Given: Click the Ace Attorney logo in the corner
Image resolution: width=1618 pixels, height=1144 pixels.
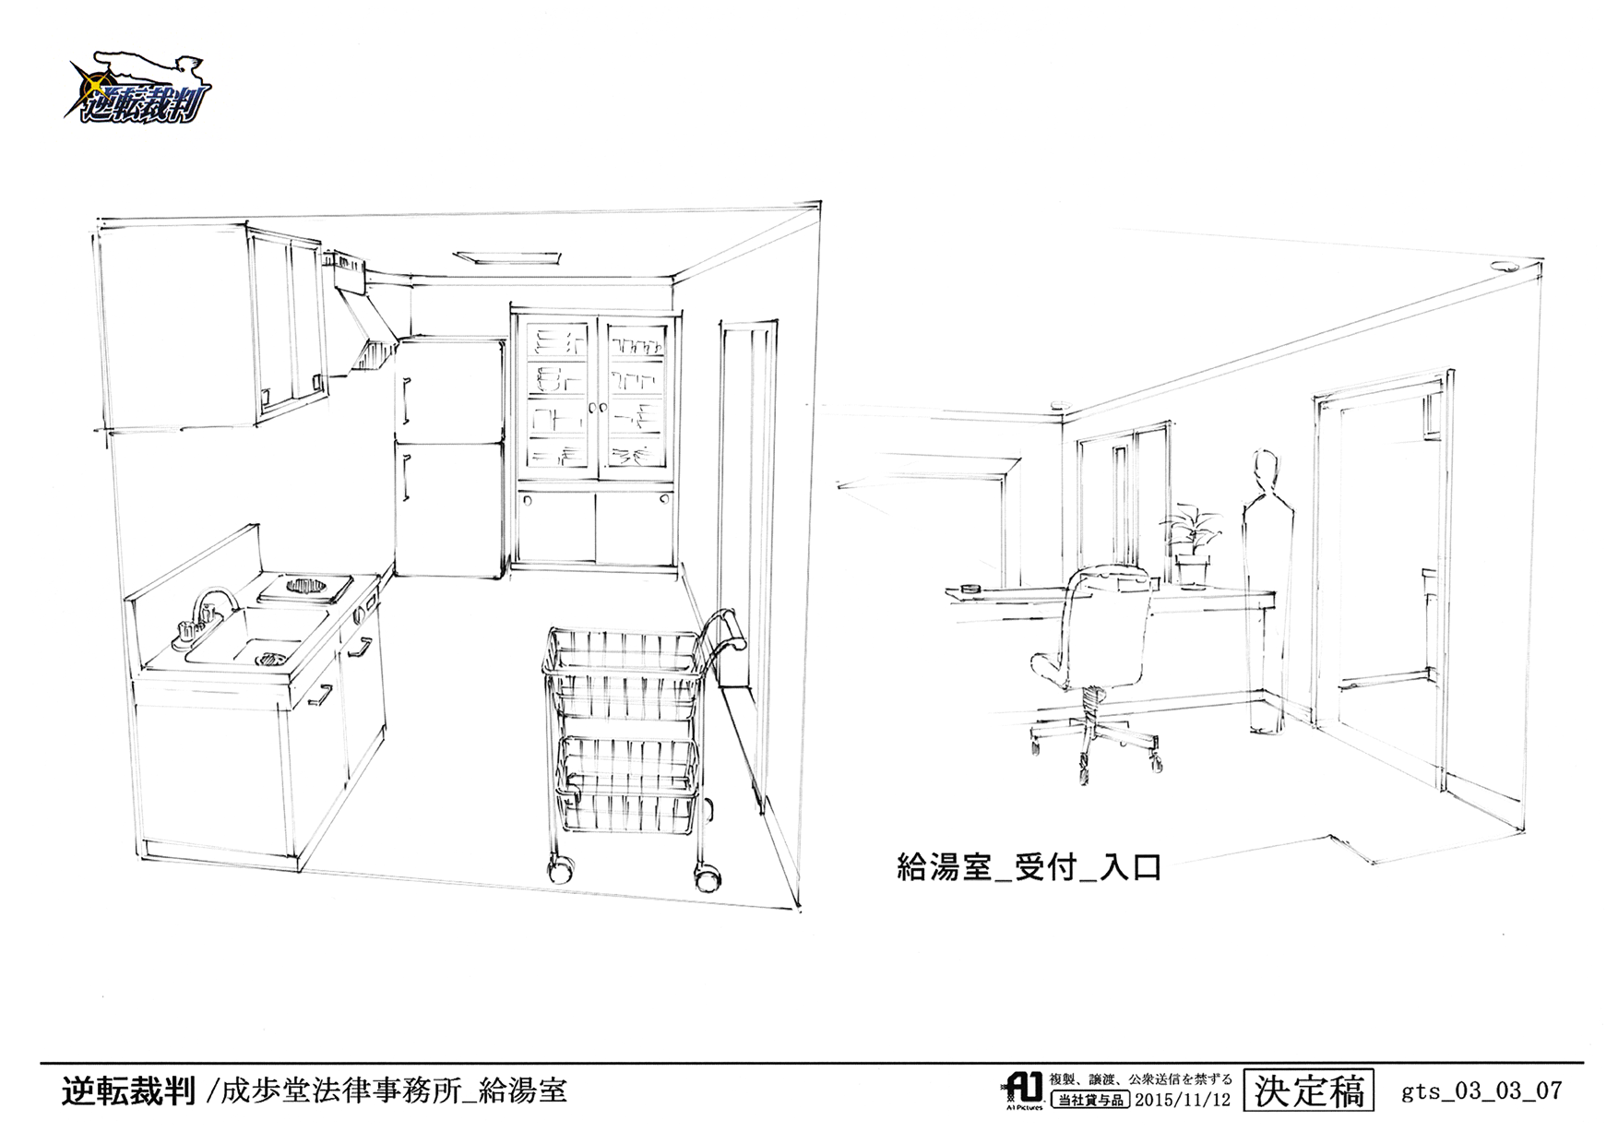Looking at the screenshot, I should pyautogui.click(x=138, y=89).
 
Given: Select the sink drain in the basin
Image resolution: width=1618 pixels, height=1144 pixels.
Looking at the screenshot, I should pyautogui.click(x=271, y=658).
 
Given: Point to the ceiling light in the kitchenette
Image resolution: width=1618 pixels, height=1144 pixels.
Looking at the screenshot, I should pyautogui.click(x=506, y=256).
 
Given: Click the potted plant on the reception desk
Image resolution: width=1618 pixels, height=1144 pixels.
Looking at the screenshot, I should pyautogui.click(x=1191, y=544).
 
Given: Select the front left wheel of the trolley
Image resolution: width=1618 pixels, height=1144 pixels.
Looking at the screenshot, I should pyautogui.click(x=559, y=869).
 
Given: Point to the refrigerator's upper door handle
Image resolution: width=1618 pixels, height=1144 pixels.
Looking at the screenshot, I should pyautogui.click(x=405, y=399).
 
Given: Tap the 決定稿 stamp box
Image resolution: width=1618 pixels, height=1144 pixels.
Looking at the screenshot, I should pyautogui.click(x=1308, y=1091).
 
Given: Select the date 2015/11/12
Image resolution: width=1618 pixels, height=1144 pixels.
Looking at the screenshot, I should pyautogui.click(x=1183, y=1100).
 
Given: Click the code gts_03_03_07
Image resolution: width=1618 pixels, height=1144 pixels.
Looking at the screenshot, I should pyautogui.click(x=1481, y=1091).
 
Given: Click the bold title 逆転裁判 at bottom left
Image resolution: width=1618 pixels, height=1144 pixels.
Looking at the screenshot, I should pyautogui.click(x=128, y=1091).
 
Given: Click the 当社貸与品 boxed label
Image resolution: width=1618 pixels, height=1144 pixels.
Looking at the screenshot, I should pyautogui.click(x=1090, y=1100).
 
